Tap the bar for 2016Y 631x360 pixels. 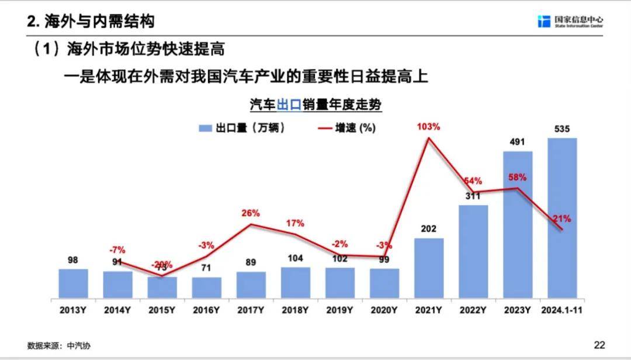click(207, 287)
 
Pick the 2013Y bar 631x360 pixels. click(74, 283)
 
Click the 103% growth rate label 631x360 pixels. click(428, 126)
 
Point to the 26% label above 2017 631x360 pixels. click(251, 213)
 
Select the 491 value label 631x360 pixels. click(518, 141)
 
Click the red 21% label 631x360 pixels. click(562, 219)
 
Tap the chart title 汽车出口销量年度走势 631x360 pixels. click(315, 105)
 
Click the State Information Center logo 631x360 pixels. click(571, 21)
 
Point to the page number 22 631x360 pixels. click(599, 344)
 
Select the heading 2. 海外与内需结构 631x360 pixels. click(91, 22)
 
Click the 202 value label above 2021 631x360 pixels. click(429, 229)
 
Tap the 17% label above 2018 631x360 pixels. click(295, 223)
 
